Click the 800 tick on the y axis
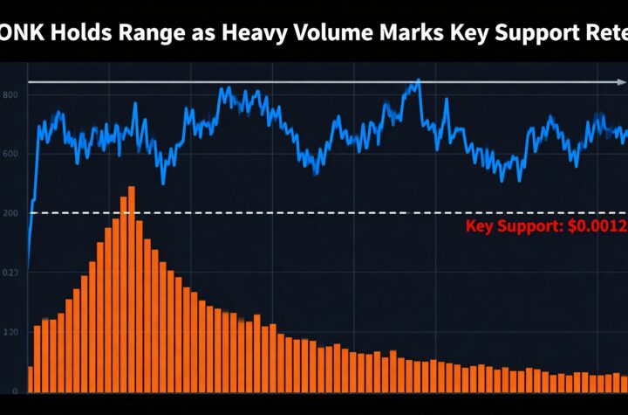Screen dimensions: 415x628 (x=10, y=94)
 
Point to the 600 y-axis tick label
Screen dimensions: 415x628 (x=10, y=154)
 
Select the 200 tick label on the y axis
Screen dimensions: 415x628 (x=10, y=212)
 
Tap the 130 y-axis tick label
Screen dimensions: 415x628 (x=10, y=333)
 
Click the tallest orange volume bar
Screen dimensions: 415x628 (x=131, y=288)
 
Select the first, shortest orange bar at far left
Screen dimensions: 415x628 (x=31, y=378)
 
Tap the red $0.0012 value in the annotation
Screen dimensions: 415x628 (x=597, y=227)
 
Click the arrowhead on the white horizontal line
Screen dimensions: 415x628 (x=620, y=82)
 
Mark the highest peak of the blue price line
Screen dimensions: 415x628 (x=419, y=80)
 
